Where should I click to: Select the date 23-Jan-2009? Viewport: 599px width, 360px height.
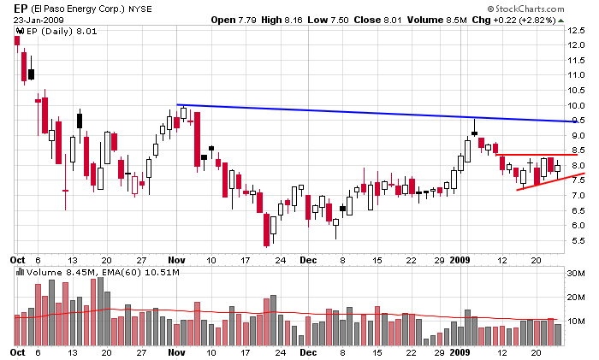(x=38, y=20)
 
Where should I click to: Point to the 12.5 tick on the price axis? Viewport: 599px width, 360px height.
(x=577, y=30)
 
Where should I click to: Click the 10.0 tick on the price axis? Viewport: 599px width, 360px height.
(x=577, y=105)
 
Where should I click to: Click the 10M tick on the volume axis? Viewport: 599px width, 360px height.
(x=578, y=321)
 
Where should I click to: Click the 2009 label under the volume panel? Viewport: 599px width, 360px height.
(x=461, y=351)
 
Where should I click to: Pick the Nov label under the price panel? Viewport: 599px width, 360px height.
(x=177, y=257)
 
